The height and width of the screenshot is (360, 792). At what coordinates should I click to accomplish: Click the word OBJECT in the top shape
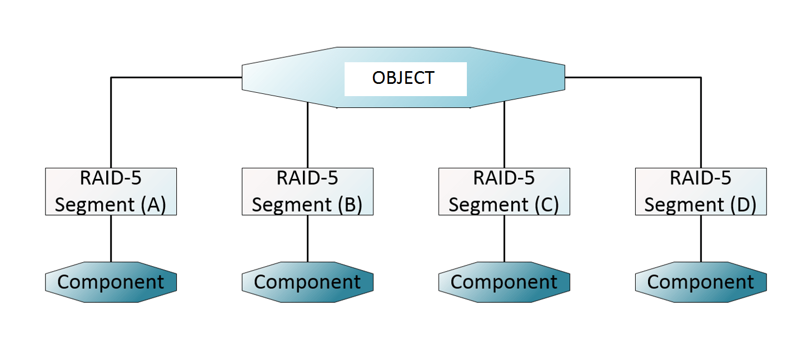pos(403,78)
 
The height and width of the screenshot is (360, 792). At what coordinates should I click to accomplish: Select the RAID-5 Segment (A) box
pos(111,192)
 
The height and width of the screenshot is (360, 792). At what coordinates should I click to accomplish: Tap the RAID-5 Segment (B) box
pos(307,192)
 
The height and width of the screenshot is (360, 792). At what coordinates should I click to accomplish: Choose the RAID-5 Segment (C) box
pos(504,192)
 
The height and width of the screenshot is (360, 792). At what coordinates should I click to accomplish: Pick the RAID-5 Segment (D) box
pos(701,192)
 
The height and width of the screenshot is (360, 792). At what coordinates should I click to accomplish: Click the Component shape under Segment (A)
pos(111,282)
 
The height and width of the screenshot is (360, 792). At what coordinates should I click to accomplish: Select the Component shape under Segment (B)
pos(307,282)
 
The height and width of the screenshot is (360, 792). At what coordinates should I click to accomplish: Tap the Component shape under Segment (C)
pos(504,282)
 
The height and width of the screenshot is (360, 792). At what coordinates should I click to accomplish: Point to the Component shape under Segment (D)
pos(701,282)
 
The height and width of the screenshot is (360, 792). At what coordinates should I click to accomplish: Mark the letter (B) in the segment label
pos(350,205)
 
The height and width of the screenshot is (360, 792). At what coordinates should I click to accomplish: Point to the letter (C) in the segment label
pos(546,205)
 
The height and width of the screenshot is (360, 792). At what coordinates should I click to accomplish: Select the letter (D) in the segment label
pos(743,205)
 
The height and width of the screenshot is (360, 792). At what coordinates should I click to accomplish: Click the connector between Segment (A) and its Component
pos(111,238)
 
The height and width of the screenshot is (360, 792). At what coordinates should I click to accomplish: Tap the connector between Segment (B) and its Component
pos(307,238)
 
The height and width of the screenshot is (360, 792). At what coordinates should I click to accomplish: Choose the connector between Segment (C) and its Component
pos(504,238)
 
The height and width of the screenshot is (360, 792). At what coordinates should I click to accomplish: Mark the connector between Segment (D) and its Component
pos(701,238)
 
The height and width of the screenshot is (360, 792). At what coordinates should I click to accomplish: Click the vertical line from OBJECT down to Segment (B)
pos(307,136)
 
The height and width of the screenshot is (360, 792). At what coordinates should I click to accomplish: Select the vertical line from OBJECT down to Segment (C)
pos(504,136)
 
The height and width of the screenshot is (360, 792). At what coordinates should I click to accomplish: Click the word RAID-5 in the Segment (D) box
pos(700,178)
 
